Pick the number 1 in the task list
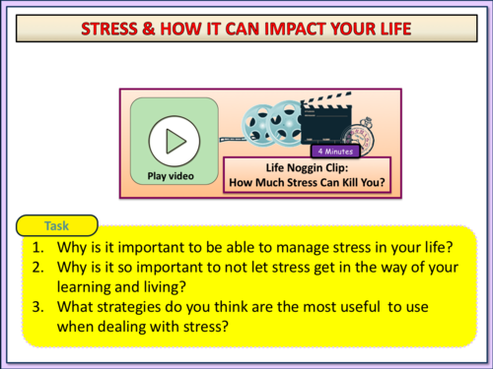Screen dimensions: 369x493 coord(36,247)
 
